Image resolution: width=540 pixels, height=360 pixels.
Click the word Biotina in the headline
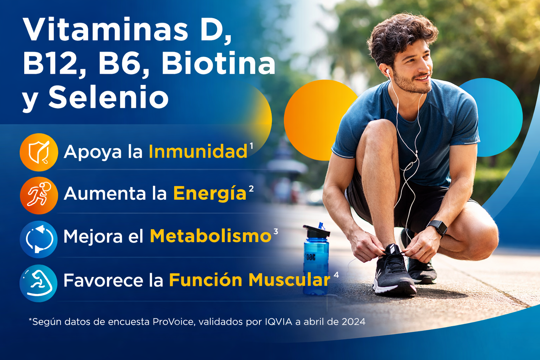(218, 64)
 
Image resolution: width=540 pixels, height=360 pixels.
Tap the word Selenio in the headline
(109, 97)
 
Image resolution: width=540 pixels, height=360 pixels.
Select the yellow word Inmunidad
(198, 152)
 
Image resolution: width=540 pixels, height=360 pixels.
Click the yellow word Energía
(210, 194)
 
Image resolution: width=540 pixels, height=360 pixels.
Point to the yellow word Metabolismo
(210, 236)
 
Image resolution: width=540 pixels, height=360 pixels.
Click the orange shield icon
(39, 152)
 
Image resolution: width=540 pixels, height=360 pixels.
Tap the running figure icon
(39, 195)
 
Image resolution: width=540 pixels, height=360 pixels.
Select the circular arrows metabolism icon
(39, 239)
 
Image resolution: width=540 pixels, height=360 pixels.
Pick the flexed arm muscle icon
(39, 283)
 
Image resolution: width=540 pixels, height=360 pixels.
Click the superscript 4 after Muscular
(336, 275)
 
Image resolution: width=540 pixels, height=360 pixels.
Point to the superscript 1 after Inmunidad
(251, 145)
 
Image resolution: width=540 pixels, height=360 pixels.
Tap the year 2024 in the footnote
(353, 322)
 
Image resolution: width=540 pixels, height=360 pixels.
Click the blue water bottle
(316, 264)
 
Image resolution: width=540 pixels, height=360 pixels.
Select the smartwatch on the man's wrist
(438, 227)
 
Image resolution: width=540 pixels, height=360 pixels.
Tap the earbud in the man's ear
(388, 72)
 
